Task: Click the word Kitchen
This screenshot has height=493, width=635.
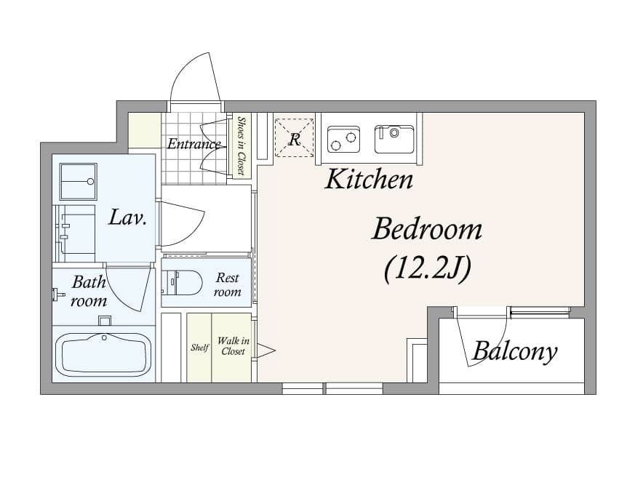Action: pyautogui.click(x=369, y=180)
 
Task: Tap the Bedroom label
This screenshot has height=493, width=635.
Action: pyautogui.click(x=427, y=230)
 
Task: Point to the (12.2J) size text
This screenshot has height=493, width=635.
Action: pyautogui.click(x=427, y=268)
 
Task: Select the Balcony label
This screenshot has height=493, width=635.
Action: pyautogui.click(x=515, y=352)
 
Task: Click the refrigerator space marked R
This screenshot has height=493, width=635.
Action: pyautogui.click(x=295, y=137)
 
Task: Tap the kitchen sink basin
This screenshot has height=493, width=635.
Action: pyautogui.click(x=394, y=139)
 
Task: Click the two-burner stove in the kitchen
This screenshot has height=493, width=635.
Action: pyautogui.click(x=344, y=139)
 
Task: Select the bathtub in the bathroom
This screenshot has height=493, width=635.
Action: pyautogui.click(x=103, y=355)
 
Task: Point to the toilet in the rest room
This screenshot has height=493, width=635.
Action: pyautogui.click(x=182, y=282)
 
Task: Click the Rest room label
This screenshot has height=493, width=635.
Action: pyautogui.click(x=227, y=284)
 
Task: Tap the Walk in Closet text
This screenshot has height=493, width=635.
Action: pyautogui.click(x=233, y=346)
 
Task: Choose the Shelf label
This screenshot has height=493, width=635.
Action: pyautogui.click(x=199, y=348)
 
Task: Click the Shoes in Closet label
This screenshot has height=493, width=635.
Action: pyautogui.click(x=241, y=145)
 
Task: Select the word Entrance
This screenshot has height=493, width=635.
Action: pyautogui.click(x=194, y=144)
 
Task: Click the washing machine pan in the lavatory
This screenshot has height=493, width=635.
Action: pyautogui.click(x=79, y=181)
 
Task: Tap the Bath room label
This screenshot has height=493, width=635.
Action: pyautogui.click(x=89, y=291)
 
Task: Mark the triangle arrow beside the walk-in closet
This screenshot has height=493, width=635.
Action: pyautogui.click(x=265, y=350)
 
